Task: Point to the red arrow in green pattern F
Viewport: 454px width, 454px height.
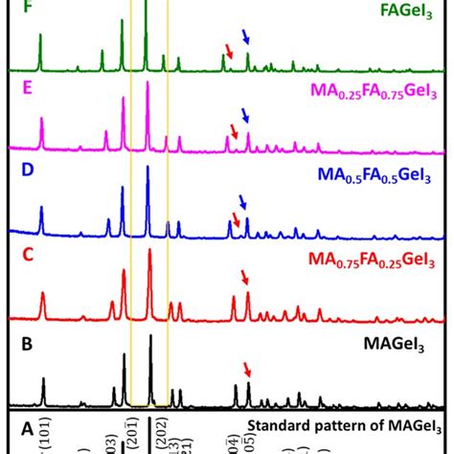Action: (x=228, y=50)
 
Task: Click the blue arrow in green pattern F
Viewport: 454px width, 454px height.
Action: (x=246, y=38)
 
